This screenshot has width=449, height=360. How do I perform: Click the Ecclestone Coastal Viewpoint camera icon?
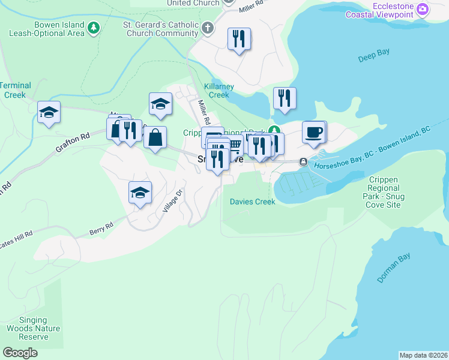423,9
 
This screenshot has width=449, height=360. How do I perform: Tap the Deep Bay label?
374,55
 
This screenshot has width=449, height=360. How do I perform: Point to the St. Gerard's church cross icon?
208,28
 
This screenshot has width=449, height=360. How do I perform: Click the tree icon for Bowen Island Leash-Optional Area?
93,28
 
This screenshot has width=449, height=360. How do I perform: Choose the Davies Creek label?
253,202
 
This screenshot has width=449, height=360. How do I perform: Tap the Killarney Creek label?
218,91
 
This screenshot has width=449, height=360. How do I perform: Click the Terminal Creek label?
15,90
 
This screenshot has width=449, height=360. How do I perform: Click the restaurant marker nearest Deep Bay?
284,98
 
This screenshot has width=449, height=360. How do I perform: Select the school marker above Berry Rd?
140,193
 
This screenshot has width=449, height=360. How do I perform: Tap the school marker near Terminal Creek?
49,112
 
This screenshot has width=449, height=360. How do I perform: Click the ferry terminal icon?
304,161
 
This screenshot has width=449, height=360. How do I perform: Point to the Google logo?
20,353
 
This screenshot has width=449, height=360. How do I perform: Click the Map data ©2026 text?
423,355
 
